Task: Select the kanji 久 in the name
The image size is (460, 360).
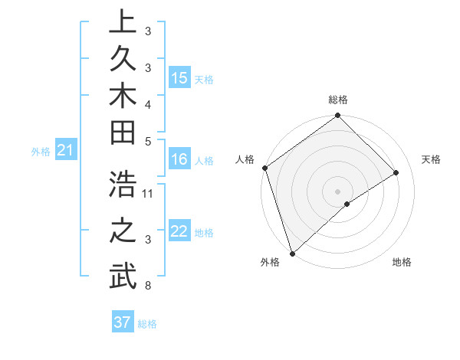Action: pos(122,60)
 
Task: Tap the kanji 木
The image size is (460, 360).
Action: pos(122,97)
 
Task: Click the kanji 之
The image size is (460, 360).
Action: pos(122,231)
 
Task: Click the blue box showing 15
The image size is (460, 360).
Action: pos(179,78)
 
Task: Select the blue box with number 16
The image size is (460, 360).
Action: pos(179,159)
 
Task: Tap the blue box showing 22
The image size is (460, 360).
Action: pos(179,232)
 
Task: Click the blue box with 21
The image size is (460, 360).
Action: pos(66,151)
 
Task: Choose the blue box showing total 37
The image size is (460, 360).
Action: pos(123,322)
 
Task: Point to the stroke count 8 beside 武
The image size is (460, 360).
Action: pos(148,286)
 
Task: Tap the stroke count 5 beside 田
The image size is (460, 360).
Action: pos(148,140)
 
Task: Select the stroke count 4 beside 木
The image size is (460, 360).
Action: pos(148,103)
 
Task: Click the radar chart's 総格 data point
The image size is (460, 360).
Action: pos(337,116)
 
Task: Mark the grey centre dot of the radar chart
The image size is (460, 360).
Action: pos(337,190)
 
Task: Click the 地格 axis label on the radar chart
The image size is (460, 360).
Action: pos(402,262)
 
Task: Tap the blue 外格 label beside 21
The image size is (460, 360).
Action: pos(41,152)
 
